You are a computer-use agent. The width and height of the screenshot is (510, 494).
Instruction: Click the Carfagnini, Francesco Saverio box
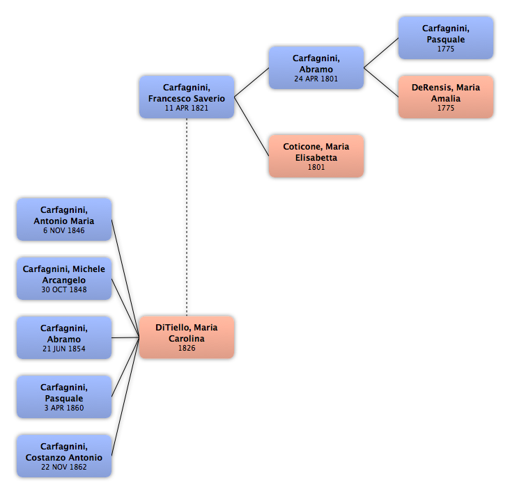[187, 97]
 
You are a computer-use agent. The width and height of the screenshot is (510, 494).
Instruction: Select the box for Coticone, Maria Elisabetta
[316, 156]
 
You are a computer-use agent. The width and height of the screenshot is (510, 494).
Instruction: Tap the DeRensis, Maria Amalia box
[446, 97]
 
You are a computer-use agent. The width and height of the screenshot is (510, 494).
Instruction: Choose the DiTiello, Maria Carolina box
[187, 337]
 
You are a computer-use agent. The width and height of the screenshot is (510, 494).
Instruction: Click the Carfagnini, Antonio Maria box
[64, 220]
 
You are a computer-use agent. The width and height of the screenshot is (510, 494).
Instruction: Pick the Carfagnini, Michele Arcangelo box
[64, 279]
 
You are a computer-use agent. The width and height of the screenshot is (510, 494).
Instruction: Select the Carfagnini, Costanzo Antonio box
[64, 456]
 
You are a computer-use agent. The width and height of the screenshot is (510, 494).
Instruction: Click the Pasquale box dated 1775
[446, 38]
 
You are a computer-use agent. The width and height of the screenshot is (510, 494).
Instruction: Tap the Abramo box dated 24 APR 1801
[316, 67]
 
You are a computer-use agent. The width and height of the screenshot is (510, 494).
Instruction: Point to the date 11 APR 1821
[187, 108]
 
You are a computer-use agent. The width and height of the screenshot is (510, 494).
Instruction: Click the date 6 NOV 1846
[64, 230]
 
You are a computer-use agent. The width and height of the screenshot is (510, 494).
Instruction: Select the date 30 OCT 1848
[64, 289]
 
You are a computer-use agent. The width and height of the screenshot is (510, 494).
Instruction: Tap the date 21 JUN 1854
[64, 349]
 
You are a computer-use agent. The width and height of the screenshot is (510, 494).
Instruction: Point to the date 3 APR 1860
[64, 408]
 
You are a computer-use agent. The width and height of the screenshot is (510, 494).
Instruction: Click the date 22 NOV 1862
[64, 467]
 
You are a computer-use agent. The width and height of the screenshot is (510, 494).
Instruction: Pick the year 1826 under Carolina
[187, 348]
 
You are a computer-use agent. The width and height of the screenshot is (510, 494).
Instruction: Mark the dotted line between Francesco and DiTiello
[187, 217]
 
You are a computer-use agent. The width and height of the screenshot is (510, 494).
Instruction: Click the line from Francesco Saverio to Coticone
[252, 127]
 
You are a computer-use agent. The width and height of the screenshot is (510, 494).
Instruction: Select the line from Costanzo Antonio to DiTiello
[125, 397]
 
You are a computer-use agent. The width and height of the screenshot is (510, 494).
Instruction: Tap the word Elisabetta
[316, 157]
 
